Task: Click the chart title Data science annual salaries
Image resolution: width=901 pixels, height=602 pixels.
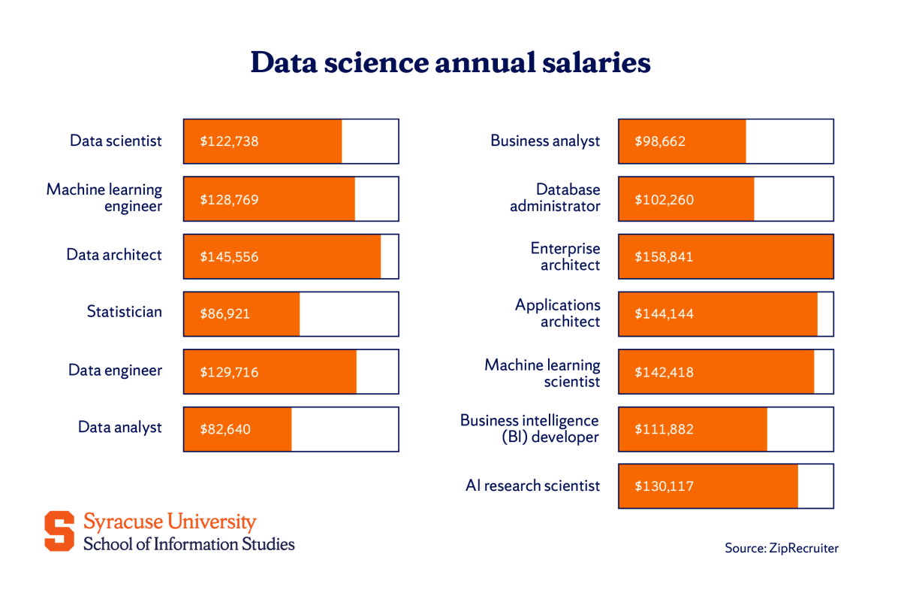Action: point(450,62)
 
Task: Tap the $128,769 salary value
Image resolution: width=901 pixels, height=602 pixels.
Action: point(229,199)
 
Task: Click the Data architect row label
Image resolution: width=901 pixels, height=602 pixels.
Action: point(114,255)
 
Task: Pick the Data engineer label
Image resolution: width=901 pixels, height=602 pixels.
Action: point(115,370)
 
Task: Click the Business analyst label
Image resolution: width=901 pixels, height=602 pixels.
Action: point(545,141)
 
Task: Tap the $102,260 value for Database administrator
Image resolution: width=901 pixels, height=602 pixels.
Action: point(664,199)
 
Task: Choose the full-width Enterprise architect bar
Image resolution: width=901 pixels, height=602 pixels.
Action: point(725,256)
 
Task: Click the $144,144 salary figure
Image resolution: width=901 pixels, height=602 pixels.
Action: point(664,314)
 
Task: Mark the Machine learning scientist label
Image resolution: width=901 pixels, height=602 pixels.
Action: point(542,373)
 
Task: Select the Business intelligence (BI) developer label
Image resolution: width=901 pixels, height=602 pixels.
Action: point(529,428)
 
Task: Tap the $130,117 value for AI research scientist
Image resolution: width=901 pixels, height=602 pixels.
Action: point(664,486)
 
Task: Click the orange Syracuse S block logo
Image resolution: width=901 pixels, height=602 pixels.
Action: point(59,531)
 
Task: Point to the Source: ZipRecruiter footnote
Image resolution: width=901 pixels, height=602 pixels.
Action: point(781,548)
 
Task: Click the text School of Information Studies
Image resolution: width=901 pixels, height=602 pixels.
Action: point(188,544)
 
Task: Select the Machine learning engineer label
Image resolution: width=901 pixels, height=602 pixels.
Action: point(104,198)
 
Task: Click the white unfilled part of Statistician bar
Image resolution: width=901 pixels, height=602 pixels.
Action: point(348,314)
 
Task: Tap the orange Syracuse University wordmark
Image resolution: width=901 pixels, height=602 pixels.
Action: point(170,522)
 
